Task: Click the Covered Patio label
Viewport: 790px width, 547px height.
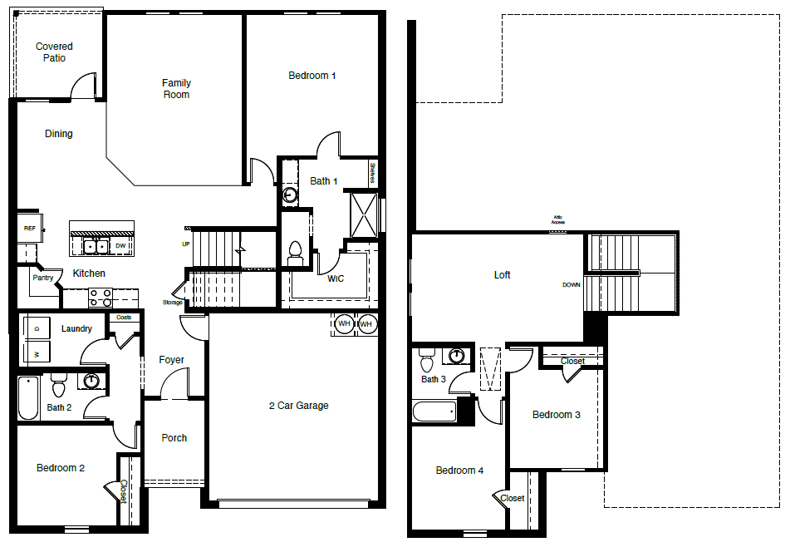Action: coord(54,52)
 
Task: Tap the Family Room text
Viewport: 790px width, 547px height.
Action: coord(176,89)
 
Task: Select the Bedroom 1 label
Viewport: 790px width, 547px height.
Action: coord(312,76)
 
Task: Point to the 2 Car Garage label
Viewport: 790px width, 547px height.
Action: coord(298,406)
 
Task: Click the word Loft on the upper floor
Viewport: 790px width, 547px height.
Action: coord(502,275)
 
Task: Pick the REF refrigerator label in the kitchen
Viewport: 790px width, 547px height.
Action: coord(29,228)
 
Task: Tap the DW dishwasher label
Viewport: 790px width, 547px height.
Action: coord(120,246)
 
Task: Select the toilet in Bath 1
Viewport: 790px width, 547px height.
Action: coord(294,252)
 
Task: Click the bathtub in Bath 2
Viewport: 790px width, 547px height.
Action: coord(27,399)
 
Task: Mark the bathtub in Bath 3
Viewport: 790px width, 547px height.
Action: coord(434,411)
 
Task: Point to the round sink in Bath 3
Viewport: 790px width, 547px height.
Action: coord(455,357)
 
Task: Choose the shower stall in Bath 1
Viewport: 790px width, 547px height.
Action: coord(365,214)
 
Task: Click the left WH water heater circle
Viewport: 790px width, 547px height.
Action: coord(344,323)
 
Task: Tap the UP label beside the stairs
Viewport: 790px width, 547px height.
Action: coord(186,244)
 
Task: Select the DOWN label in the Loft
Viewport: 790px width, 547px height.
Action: coord(572,285)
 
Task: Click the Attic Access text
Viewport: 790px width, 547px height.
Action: coord(558,220)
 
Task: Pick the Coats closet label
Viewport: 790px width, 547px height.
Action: coord(124,318)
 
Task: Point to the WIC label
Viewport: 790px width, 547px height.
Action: coord(336,279)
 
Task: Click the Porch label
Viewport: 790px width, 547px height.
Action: coord(174,438)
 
